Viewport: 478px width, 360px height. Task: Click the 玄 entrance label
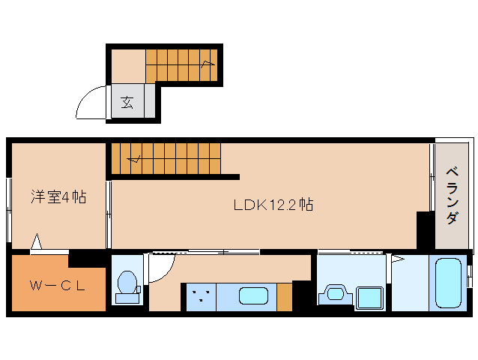point(127,103)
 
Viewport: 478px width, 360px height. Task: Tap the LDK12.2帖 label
point(273,205)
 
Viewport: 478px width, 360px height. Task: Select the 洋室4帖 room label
point(58,196)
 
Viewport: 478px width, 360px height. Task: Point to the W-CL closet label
point(57,286)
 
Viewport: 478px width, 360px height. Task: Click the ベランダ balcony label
point(452,195)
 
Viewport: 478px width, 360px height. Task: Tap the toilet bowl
point(127,282)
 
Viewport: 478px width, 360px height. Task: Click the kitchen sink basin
point(253,295)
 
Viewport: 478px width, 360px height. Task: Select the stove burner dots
point(201,295)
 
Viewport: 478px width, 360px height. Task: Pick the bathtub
point(448,283)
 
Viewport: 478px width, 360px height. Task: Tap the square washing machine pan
point(369,298)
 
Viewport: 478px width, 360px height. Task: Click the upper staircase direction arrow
point(208,64)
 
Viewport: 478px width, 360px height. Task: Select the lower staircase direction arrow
point(134,159)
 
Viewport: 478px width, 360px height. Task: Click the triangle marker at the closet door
point(37,241)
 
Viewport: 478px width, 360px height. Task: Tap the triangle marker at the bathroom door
point(398,259)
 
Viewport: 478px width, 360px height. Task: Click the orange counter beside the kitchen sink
point(285,297)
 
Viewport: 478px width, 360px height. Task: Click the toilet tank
point(127,298)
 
